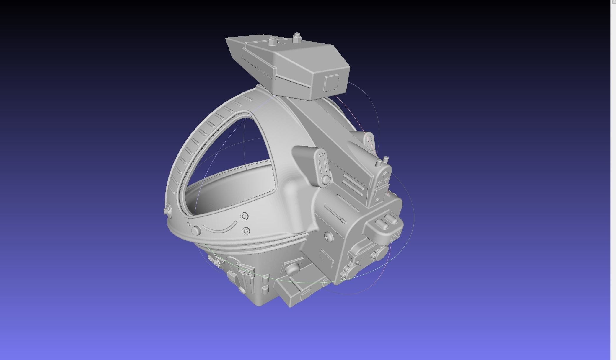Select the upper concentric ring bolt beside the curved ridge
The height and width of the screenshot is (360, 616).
click(244, 216)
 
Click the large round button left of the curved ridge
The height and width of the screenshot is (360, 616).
click(196, 230)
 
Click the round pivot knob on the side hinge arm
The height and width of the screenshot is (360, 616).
click(325, 179)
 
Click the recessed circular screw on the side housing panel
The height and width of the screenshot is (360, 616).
click(327, 236)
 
